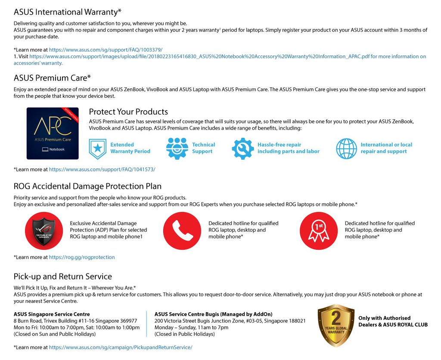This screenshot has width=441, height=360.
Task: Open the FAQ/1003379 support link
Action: [x=106, y=50]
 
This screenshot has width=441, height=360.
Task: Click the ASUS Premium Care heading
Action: [x=52, y=78]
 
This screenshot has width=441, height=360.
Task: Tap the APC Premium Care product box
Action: [x=53, y=133]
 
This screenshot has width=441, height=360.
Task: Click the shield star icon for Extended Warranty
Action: [x=97, y=149]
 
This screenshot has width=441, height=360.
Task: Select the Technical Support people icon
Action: [x=177, y=149]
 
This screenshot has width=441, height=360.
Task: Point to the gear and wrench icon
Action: [x=243, y=149]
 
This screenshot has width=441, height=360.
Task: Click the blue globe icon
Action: [x=346, y=149]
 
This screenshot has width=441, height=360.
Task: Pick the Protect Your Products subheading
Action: [x=128, y=112]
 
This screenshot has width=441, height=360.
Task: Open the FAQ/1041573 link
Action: [x=102, y=169]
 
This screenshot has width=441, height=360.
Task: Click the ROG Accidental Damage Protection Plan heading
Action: [x=87, y=186]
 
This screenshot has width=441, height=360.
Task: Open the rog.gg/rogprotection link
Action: [x=82, y=257]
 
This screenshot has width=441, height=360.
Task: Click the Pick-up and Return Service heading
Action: [x=62, y=276]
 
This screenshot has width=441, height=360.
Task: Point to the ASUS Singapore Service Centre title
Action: [x=52, y=314]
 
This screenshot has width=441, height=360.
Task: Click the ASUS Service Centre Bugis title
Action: [x=213, y=314]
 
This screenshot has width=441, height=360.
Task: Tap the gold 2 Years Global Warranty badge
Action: [x=336, y=325]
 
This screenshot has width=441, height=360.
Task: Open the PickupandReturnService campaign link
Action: [x=121, y=347]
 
